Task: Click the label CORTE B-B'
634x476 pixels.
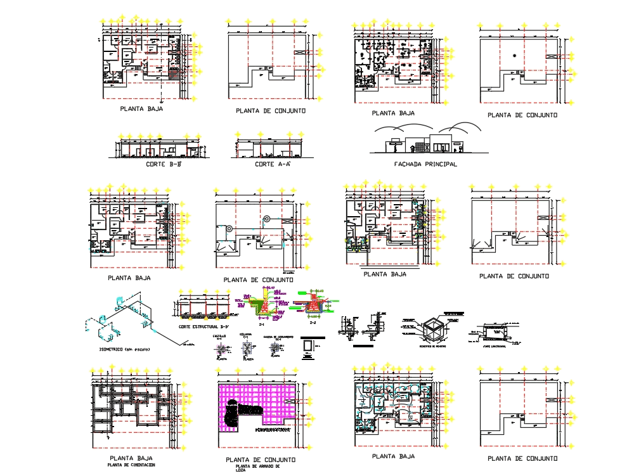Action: pyautogui.click(x=164, y=165)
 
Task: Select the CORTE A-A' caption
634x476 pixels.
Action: pyautogui.click(x=272, y=165)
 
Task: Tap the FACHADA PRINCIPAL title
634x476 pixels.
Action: pyautogui.click(x=425, y=164)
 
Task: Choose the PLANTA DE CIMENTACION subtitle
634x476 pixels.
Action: pyautogui.click(x=132, y=465)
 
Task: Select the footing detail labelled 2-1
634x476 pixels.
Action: pyautogui.click(x=260, y=306)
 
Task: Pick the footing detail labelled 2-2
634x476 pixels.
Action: pyautogui.click(x=312, y=305)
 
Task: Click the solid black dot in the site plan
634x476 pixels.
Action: pyautogui.click(x=515, y=56)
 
